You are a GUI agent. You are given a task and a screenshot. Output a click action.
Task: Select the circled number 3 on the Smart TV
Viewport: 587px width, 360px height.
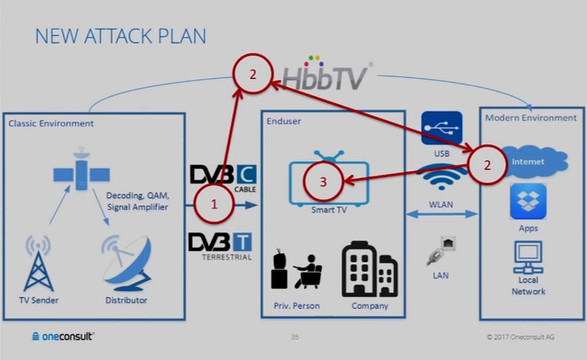[323, 180]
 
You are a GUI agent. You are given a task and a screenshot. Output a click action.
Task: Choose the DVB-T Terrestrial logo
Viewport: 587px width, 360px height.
[221, 243]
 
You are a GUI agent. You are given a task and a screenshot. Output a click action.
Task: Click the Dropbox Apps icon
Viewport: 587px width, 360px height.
[528, 201]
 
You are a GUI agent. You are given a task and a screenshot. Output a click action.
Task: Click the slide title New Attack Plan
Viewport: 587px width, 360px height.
[120, 36]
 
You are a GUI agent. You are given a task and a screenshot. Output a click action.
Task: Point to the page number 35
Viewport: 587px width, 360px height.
[294, 337]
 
